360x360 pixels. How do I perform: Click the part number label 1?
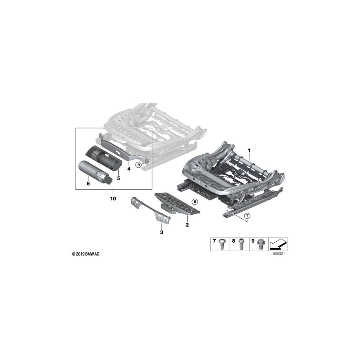249,150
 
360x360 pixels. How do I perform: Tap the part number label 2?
187,225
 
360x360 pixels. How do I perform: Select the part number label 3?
161,232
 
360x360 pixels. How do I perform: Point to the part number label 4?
129,169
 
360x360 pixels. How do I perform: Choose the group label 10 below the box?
113,198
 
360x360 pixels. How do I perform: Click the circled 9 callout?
138,164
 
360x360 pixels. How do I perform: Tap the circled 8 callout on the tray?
195,202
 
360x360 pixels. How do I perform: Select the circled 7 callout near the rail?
247,216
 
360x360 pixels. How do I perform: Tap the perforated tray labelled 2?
176,202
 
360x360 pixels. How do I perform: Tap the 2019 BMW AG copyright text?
86,254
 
